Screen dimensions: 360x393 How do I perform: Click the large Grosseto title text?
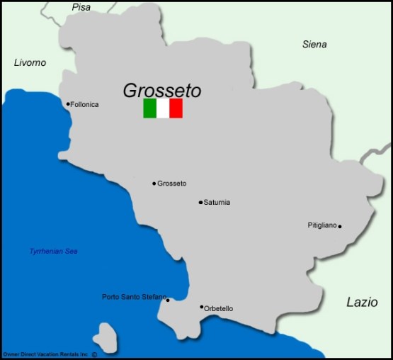click(162, 91)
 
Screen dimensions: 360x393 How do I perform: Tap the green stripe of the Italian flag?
click(149, 108)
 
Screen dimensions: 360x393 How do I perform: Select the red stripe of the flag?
click(176, 108)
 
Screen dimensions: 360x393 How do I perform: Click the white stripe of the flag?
click(163, 108)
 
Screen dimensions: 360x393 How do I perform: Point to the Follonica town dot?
click(68, 104)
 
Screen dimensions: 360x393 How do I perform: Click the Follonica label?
click(86, 105)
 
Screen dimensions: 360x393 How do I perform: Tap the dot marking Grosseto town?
click(154, 184)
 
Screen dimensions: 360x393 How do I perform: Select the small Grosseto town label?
click(172, 184)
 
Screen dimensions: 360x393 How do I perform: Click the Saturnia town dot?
click(200, 203)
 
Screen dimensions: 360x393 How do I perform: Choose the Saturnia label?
click(217, 203)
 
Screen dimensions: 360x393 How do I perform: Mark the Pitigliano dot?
click(340, 227)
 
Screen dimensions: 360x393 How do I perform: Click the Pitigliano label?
click(322, 225)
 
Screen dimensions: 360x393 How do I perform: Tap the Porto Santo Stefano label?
click(134, 297)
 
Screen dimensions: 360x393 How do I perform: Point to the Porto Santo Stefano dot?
click(168, 300)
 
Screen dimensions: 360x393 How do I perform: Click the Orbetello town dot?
click(202, 307)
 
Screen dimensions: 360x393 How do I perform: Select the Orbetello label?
click(219, 308)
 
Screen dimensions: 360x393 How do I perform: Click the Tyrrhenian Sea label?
click(53, 252)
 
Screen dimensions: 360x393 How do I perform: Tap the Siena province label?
click(314, 45)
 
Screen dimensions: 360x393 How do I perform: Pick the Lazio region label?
click(362, 302)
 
